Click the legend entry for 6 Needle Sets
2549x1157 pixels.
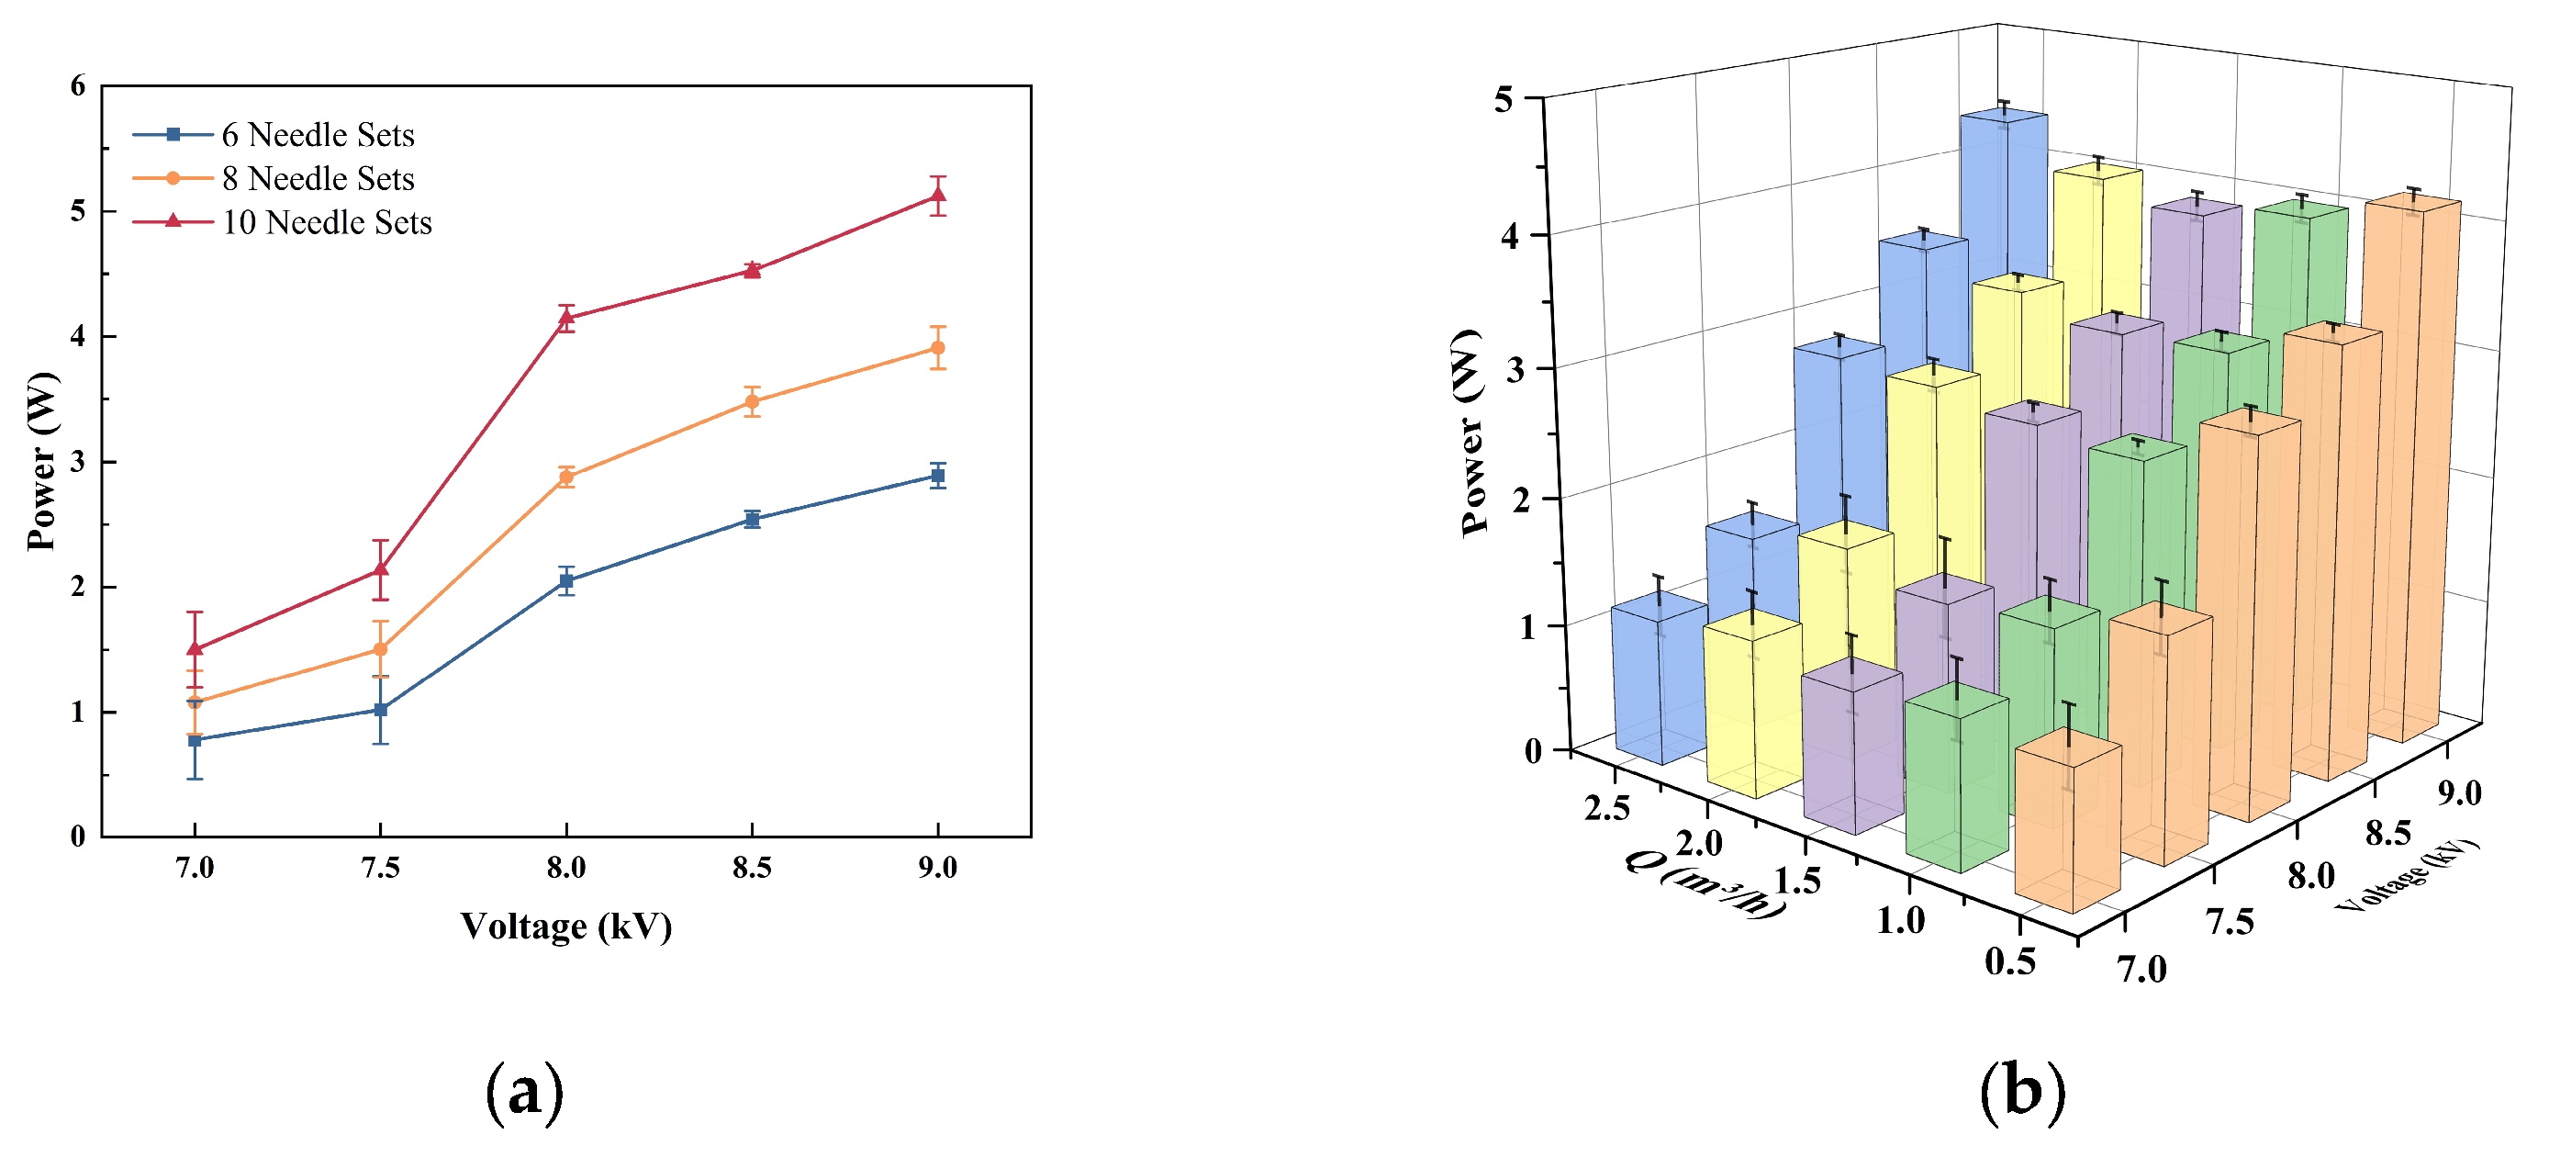[317, 135]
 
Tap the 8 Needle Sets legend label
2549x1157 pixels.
[317, 179]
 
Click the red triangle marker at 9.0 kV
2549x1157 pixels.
[937, 196]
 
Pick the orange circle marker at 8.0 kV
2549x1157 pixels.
[566, 477]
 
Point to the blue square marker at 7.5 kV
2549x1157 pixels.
[380, 710]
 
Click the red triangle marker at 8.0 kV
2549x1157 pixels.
[566, 318]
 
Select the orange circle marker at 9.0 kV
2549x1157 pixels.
[937, 348]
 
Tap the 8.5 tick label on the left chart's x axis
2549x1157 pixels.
[751, 869]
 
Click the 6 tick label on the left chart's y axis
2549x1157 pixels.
[78, 87]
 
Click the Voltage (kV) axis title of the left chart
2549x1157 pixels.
[566, 927]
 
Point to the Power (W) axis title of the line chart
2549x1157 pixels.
[41, 461]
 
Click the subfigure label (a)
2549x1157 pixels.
[524, 1093]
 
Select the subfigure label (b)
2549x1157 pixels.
[2022, 1093]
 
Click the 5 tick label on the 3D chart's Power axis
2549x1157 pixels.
[1504, 100]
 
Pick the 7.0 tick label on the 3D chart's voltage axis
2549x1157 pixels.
[2142, 970]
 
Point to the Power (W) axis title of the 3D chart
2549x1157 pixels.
[1474, 432]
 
